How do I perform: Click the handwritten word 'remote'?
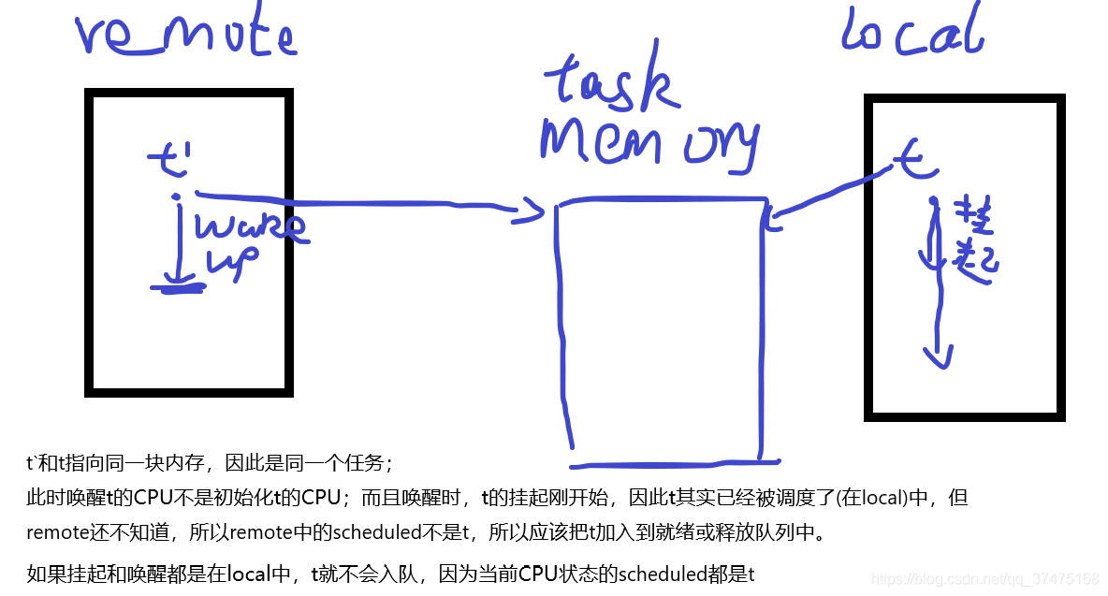(185, 36)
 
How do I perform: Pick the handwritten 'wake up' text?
(247, 242)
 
